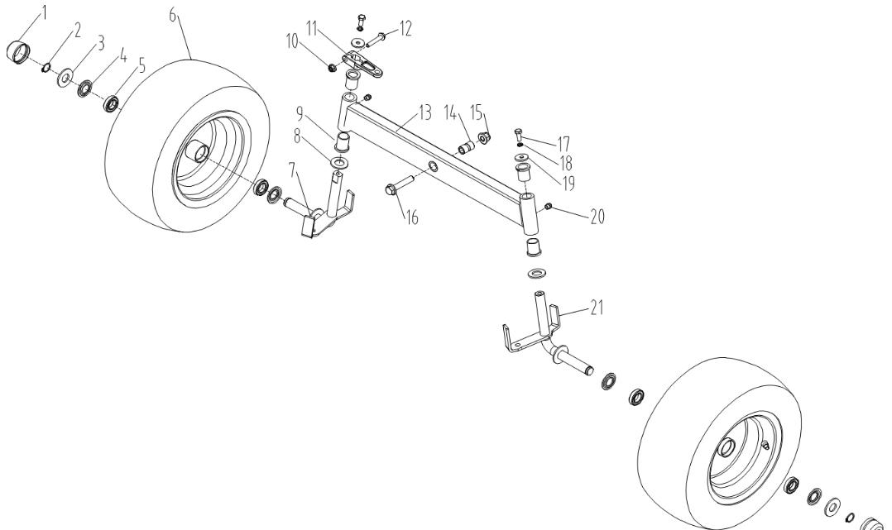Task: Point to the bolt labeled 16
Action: click(x=396, y=191)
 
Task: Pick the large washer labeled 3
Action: click(x=63, y=80)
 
